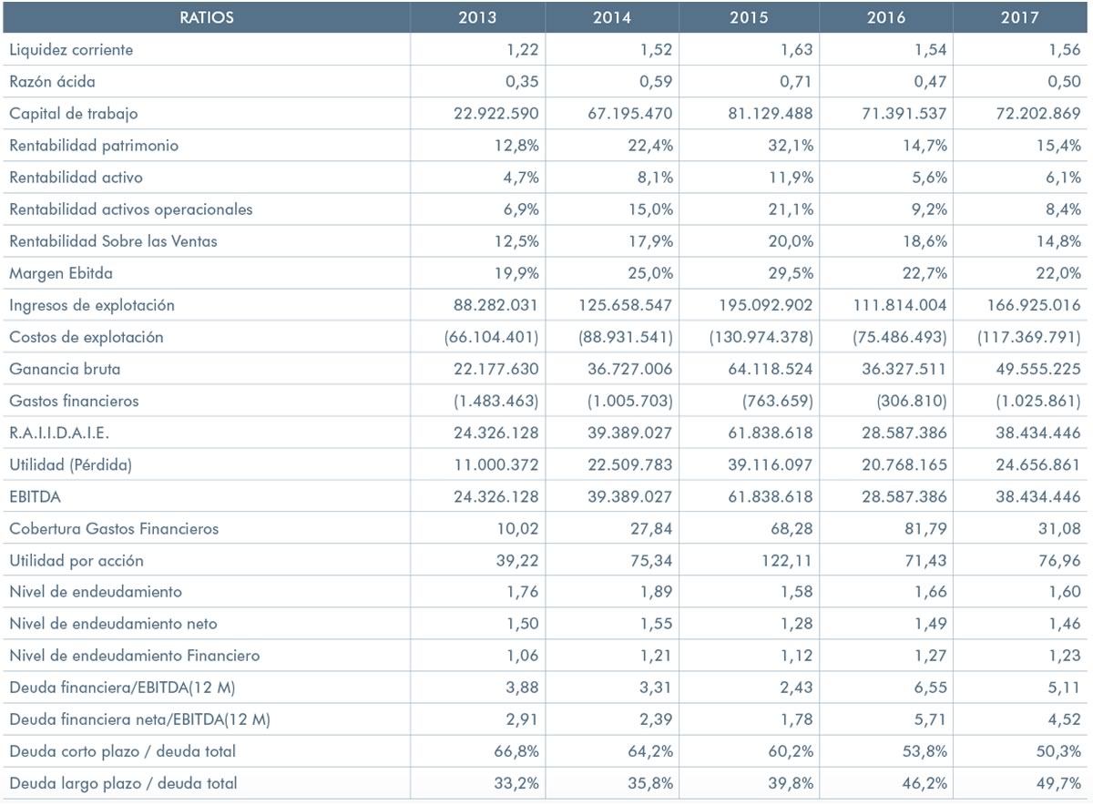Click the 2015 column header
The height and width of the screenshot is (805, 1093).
[x=749, y=17]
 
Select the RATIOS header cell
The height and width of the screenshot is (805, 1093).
[x=207, y=17]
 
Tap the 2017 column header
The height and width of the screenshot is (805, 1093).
[x=1020, y=17]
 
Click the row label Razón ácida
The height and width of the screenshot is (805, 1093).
[x=52, y=81]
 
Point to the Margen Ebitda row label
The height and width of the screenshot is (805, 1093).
[x=61, y=273]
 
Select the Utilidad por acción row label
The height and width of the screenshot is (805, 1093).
[x=77, y=561]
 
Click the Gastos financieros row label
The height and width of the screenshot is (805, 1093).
[x=74, y=401]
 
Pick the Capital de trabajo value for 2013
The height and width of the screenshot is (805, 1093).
[x=495, y=114]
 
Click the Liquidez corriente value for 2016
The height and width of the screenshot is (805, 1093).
[x=930, y=50]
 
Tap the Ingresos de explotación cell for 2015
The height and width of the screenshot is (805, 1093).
[x=766, y=305]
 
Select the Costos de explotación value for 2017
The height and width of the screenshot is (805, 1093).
[x=1028, y=337]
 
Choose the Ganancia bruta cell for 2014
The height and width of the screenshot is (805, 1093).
[x=629, y=369]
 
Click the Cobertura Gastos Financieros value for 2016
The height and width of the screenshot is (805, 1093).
[x=925, y=529]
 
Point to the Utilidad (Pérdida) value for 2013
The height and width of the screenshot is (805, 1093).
[x=496, y=465]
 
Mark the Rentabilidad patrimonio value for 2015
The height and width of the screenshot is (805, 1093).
[x=791, y=146]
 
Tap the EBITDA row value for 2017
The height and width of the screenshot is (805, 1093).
[x=1037, y=496]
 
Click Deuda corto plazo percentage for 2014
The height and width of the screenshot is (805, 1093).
[x=650, y=751]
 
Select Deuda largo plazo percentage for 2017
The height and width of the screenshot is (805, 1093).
[x=1058, y=783]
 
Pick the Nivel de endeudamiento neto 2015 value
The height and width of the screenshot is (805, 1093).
[x=796, y=624]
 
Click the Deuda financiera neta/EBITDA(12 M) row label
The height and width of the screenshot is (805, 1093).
[x=139, y=719]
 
